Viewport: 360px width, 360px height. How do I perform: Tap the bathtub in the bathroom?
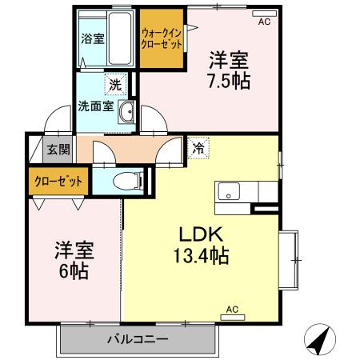click(x=120, y=40)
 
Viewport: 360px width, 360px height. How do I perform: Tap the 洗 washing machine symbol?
click(x=114, y=83)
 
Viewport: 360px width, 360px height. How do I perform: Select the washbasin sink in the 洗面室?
click(x=126, y=112)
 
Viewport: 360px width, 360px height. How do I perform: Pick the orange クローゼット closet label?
click(x=58, y=180)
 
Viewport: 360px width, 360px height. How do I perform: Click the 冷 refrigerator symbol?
click(x=197, y=148)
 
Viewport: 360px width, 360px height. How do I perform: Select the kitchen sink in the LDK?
click(x=229, y=192)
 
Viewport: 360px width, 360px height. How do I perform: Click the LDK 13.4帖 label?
click(x=199, y=246)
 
